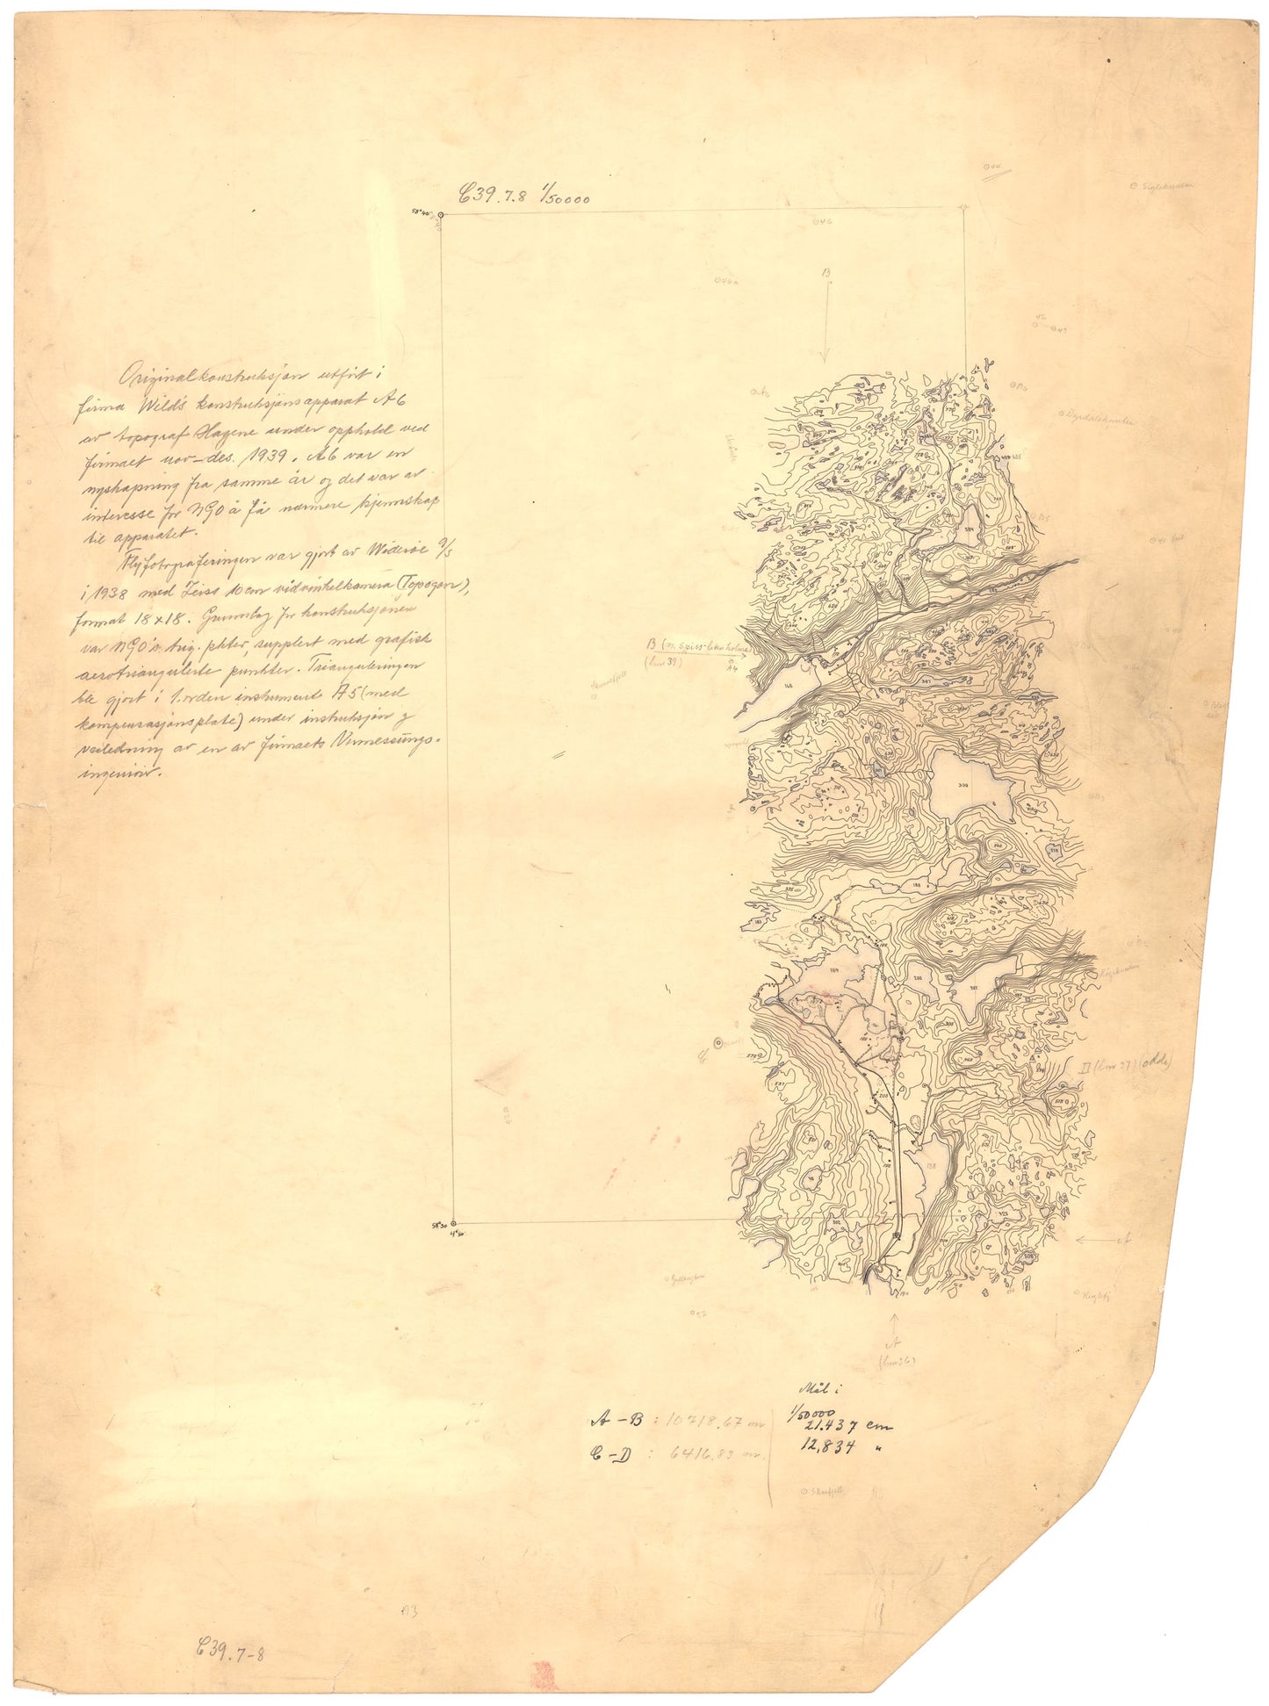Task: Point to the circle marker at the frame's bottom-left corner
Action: point(453,1222)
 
